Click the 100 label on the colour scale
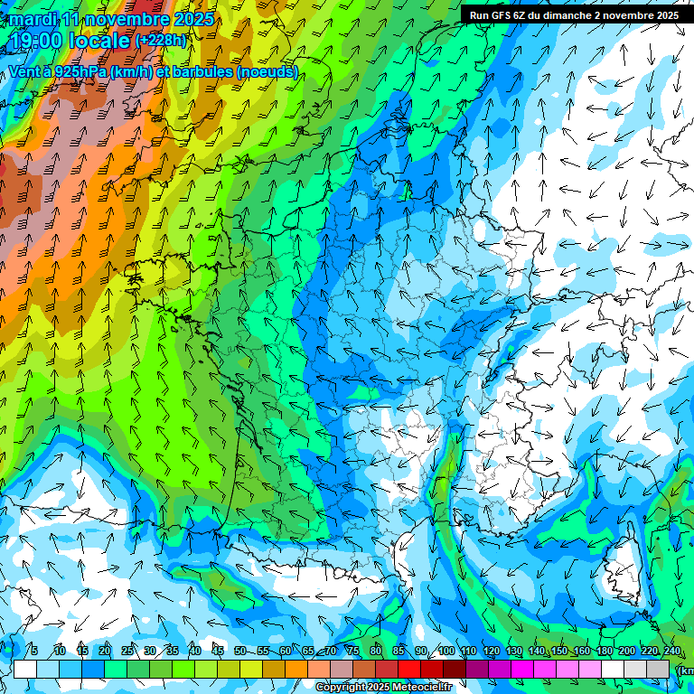point(445,651)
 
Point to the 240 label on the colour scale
point(671,651)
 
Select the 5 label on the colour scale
point(34,651)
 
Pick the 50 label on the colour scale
point(239,651)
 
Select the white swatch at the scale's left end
point(25,669)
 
